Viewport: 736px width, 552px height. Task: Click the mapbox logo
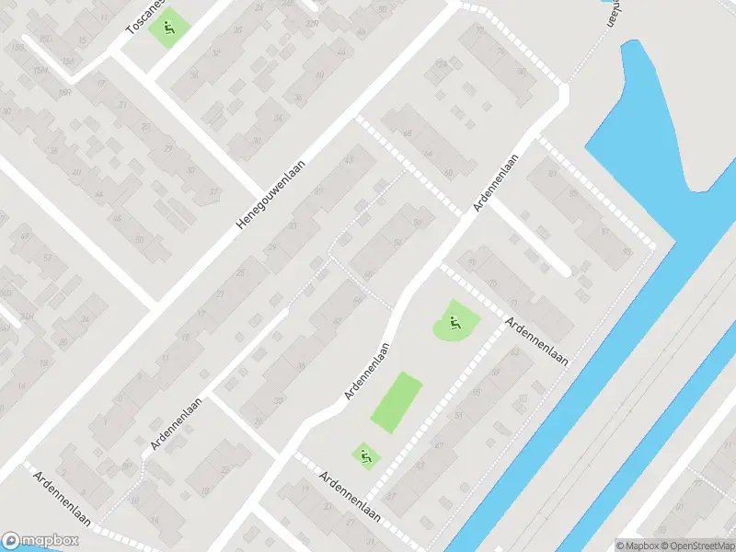[x=38, y=540]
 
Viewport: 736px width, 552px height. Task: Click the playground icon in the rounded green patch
[x=454, y=322]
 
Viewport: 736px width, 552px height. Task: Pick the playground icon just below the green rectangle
[x=366, y=454]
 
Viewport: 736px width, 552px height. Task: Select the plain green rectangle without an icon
[x=397, y=401]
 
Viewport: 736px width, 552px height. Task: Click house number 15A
[x=68, y=61]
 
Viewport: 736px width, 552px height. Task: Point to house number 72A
[x=442, y=63]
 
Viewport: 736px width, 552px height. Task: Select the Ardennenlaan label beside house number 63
[x=536, y=341]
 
